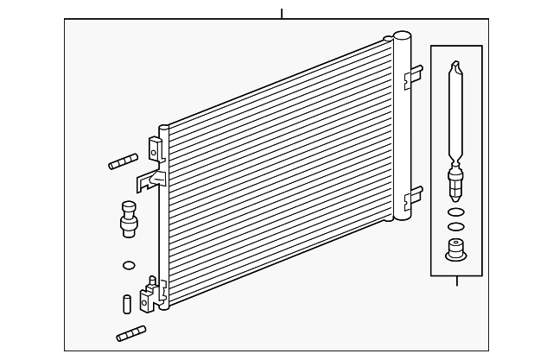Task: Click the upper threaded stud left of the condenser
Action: click(124, 161)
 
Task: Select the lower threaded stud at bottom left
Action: click(130, 333)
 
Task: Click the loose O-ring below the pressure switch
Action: click(129, 264)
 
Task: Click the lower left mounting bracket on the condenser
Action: click(154, 294)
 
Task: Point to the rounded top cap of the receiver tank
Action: click(402, 37)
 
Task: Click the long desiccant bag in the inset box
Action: click(456, 112)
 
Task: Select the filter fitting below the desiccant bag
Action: click(456, 183)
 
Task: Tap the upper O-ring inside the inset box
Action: click(456, 212)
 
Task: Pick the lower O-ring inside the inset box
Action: click(456, 228)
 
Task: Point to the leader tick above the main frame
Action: click(282, 13)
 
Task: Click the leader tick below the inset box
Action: click(456, 281)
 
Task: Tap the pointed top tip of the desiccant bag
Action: click(456, 64)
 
